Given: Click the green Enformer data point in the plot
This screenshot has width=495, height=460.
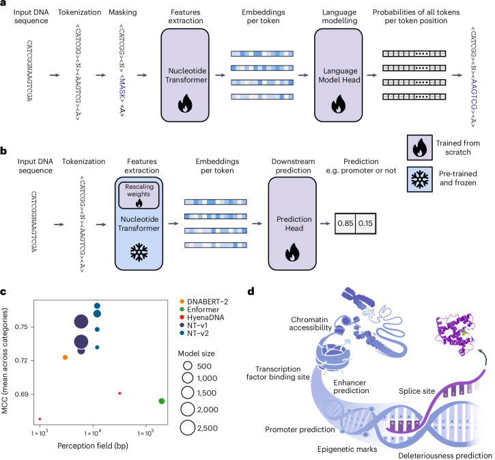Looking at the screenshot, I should [x=161, y=401].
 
